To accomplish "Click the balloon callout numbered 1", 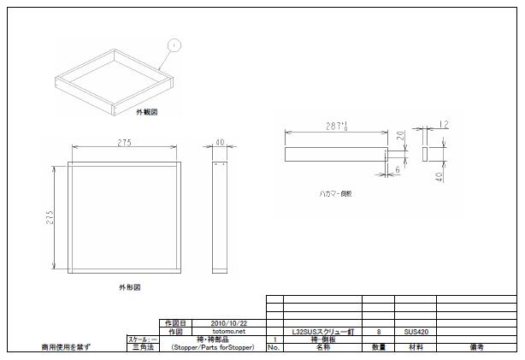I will tap(174, 44).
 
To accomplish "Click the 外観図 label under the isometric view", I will tap(146, 112).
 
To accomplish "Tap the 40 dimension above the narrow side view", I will tap(219, 143).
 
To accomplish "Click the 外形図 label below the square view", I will tap(129, 288).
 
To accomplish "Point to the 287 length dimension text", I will tap(338, 126).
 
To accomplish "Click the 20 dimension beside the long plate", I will tap(400, 136).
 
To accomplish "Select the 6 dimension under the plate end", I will tap(398, 169).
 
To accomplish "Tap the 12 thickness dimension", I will tap(443, 125).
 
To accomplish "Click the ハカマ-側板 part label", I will tap(335, 194).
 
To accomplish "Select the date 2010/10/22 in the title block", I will tap(228, 322).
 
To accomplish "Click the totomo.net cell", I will tap(228, 331).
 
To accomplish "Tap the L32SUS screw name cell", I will tap(322, 331).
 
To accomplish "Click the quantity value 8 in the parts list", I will tap(378, 331).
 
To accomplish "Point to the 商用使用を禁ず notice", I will tap(66, 348).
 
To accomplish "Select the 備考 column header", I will tap(476, 348).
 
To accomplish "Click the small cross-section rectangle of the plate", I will tap(426, 152).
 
